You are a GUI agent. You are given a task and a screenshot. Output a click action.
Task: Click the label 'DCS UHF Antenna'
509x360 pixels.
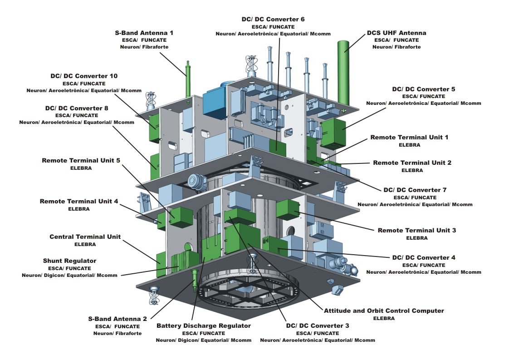(x=396, y=33)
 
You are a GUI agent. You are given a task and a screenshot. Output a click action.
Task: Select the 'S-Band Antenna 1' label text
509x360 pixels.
(x=144, y=33)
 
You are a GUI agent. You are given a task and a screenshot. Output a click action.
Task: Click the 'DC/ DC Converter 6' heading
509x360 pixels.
(x=273, y=19)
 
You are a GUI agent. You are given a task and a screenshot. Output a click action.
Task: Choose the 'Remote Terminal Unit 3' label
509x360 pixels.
(x=416, y=230)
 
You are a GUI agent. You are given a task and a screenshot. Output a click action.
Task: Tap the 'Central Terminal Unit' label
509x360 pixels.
(x=85, y=237)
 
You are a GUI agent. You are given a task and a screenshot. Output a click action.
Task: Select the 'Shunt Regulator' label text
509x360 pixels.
(x=69, y=261)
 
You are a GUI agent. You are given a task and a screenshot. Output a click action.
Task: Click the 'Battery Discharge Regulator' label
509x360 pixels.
(x=203, y=325)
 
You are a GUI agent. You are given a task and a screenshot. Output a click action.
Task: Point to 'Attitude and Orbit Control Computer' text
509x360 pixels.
(x=384, y=311)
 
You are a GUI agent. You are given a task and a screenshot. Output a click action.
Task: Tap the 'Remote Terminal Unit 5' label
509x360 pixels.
(x=81, y=160)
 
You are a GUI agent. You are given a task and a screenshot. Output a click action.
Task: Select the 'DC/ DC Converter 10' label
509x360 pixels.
(x=83, y=76)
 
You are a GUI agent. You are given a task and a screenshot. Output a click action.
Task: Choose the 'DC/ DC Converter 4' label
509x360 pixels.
(x=423, y=257)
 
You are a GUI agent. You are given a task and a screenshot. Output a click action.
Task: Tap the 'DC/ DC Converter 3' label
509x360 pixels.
(x=318, y=325)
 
